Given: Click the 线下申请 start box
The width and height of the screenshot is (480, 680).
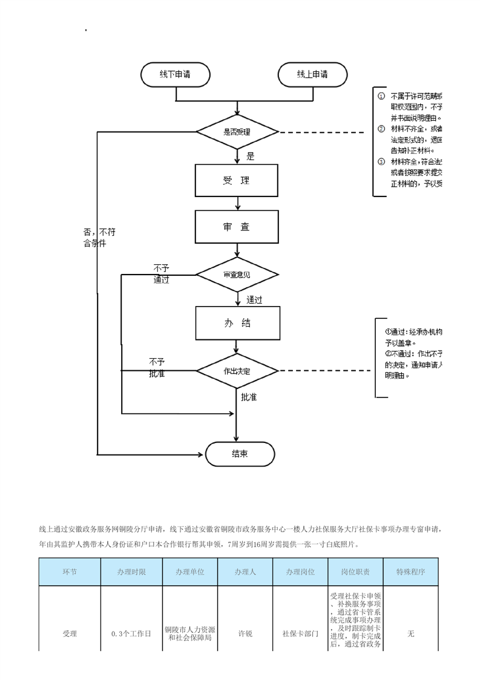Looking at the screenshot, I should (x=176, y=75).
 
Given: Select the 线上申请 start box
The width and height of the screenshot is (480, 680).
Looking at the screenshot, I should (x=312, y=75).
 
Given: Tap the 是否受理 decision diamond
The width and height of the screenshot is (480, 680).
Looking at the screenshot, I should (x=237, y=132).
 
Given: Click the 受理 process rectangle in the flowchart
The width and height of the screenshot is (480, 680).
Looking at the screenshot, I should (x=237, y=181).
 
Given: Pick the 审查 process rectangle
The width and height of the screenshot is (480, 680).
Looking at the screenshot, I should (x=237, y=227).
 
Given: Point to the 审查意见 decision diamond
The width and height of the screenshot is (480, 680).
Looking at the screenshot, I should (x=237, y=275).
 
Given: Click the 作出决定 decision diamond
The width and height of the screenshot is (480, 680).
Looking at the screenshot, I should (x=237, y=370).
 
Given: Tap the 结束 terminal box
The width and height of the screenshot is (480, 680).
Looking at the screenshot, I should (x=240, y=454).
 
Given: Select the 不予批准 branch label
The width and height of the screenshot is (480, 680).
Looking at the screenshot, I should (x=157, y=368).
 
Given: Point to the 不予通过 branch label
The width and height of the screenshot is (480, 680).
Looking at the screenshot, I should (x=161, y=273).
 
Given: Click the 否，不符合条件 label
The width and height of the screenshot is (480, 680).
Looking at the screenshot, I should (x=99, y=238).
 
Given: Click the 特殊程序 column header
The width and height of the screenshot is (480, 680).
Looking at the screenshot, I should (x=411, y=572).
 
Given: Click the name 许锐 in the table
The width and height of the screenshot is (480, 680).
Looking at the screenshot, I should (x=245, y=634).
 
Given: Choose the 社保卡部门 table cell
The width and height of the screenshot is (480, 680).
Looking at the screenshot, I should (x=300, y=634).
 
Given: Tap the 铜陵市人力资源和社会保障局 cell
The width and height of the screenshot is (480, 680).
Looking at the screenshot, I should (x=190, y=634).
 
